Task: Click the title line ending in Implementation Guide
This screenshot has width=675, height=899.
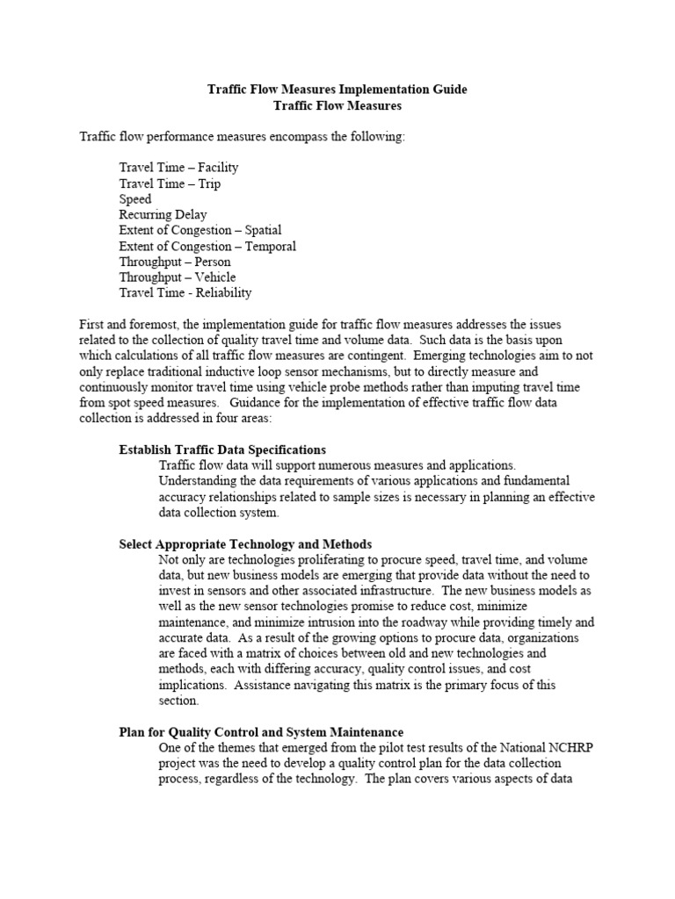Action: tap(337, 90)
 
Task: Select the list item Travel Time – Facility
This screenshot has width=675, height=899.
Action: tap(178, 167)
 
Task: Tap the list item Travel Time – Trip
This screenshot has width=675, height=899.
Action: tap(170, 183)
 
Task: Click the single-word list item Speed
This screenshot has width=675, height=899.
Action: tap(135, 199)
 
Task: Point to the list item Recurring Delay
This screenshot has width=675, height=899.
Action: tap(163, 214)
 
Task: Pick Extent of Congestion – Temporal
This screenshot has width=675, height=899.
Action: tap(207, 246)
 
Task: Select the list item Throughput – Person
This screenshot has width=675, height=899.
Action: tap(175, 262)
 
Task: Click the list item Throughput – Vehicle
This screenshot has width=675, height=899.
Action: tap(178, 277)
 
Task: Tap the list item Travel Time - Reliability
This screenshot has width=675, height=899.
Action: tap(185, 293)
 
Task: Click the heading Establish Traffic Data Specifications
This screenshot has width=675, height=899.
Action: tap(222, 449)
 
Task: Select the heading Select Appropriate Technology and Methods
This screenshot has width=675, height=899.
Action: tap(245, 544)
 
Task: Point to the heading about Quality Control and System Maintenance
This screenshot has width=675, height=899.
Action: tap(261, 731)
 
